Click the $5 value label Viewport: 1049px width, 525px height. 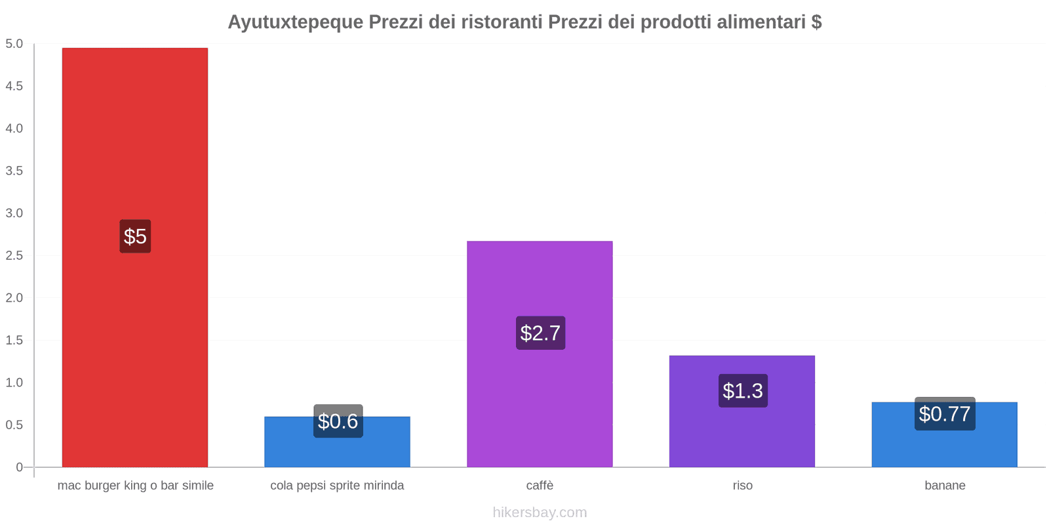pos(135,236)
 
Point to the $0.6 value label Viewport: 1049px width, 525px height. pos(338,421)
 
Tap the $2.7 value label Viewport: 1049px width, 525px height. pos(540,333)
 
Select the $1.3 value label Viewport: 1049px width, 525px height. pos(742,390)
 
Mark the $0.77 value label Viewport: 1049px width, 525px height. pos(944,413)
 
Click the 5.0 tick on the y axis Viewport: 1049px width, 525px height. pos(14,44)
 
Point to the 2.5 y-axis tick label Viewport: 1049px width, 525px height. pos(14,255)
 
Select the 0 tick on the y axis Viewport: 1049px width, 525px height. pos(19,467)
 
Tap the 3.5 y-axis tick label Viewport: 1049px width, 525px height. pos(14,171)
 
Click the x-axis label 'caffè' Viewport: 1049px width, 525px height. pos(540,486)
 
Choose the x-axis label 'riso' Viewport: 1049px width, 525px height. pos(742,486)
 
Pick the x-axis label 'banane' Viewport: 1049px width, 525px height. pos(945,486)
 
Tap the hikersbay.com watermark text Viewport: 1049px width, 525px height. pos(540,513)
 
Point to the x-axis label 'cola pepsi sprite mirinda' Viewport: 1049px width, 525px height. pos(337,486)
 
